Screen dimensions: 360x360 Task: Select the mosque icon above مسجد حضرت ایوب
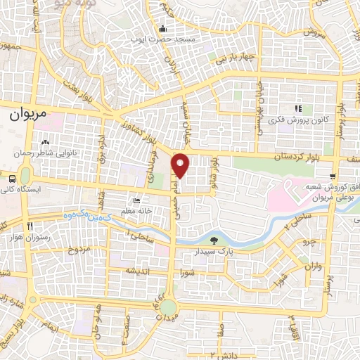[x=163, y=29]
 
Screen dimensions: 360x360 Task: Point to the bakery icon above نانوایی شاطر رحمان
[x=46, y=143]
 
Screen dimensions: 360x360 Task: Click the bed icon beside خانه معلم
[x=136, y=201]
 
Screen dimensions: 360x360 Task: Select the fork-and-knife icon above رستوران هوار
[x=29, y=226]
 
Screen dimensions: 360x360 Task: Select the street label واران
[x=313, y=267]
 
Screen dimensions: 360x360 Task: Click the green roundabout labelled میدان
[x=168, y=307]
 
